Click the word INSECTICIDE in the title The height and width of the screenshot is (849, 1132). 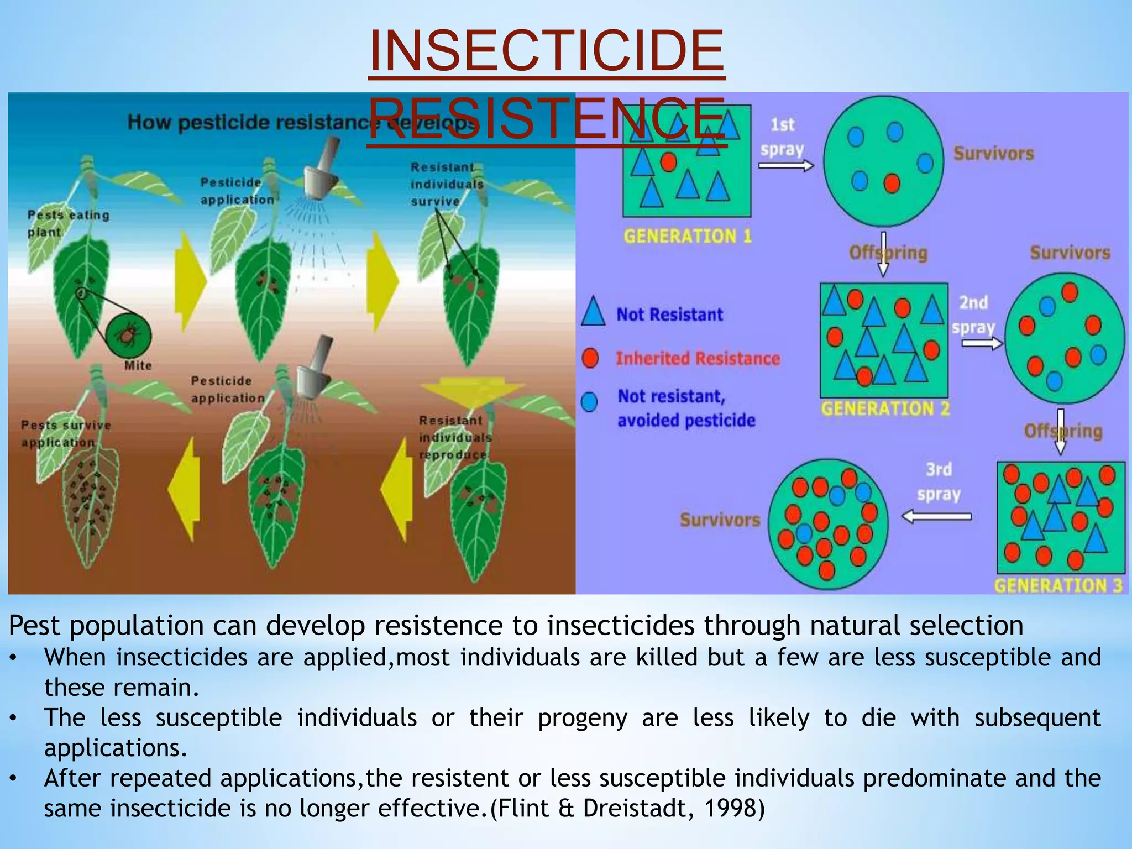[546, 51]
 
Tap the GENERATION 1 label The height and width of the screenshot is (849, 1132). [687, 237]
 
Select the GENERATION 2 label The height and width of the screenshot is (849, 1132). [884, 409]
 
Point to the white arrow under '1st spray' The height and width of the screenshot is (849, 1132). [785, 165]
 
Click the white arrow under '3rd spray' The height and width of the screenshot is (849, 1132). [936, 516]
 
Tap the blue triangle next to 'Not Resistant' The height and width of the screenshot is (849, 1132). [593, 312]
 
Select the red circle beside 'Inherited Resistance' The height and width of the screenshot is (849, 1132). [590, 358]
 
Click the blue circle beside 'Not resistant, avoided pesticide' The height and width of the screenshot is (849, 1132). [590, 402]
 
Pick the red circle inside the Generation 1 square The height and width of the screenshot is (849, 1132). [669, 162]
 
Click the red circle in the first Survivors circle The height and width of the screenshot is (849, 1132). [892, 183]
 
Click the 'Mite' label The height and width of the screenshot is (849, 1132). [138, 365]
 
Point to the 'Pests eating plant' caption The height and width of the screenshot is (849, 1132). [67, 223]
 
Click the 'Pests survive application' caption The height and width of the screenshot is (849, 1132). [65, 433]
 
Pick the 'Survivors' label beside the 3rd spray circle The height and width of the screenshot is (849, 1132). [720, 520]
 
